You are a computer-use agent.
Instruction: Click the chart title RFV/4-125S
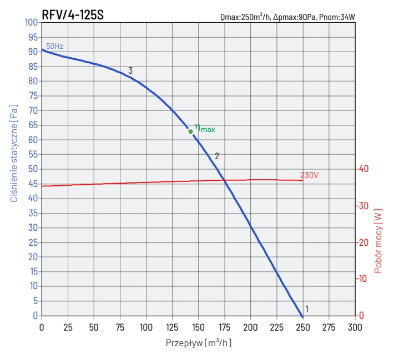click(x=73, y=15)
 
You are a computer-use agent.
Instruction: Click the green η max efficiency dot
click(x=190, y=131)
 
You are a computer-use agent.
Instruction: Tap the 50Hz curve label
click(x=54, y=47)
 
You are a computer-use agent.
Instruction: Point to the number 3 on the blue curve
click(x=130, y=71)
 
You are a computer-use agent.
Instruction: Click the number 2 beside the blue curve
click(x=217, y=156)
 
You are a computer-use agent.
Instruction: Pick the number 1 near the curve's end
click(x=307, y=310)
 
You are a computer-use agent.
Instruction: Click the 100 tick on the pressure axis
click(x=31, y=22)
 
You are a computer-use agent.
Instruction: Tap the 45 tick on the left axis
click(x=33, y=184)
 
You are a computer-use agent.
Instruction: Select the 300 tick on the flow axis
click(x=355, y=327)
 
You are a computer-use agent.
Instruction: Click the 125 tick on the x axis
click(x=172, y=327)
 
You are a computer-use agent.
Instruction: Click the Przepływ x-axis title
click(x=199, y=343)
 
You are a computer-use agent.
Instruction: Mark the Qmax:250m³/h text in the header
click(x=244, y=17)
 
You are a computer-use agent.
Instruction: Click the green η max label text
click(x=205, y=129)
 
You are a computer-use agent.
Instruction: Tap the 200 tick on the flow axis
click(x=250, y=327)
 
